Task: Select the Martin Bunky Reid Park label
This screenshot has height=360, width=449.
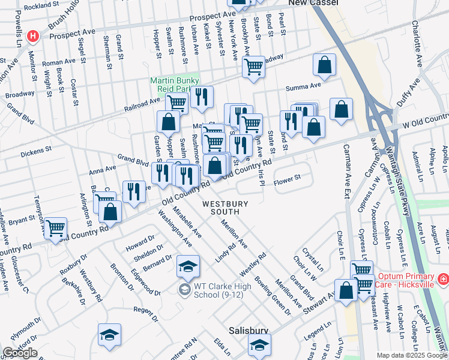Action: tap(174, 85)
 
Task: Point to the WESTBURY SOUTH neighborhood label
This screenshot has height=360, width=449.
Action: tap(225, 208)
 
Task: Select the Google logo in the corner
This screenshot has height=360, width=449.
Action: tap(19, 353)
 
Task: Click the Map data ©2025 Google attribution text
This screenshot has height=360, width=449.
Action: tap(411, 355)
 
